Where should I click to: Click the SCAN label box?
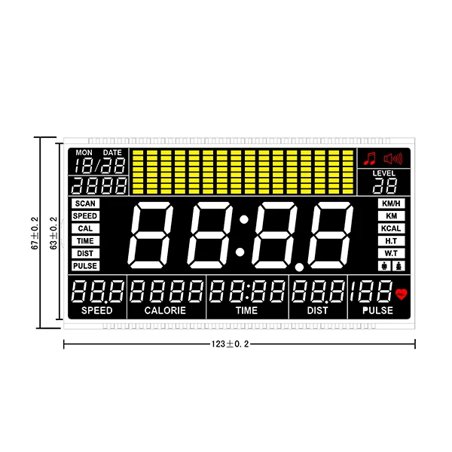pyautogui.click(x=85, y=203)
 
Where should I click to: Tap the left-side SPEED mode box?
pyautogui.click(x=85, y=216)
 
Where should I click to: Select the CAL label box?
pyautogui.click(x=85, y=228)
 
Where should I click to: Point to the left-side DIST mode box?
pyautogui.click(x=85, y=253)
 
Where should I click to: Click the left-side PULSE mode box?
pyautogui.click(x=85, y=266)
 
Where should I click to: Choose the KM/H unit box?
pyautogui.click(x=391, y=203)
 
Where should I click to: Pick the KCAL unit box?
pyautogui.click(x=391, y=228)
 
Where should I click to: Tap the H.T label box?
pyautogui.click(x=391, y=241)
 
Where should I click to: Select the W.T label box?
pyautogui.click(x=391, y=253)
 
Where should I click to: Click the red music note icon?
pyautogui.click(x=369, y=158)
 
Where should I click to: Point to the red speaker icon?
pyautogui.click(x=393, y=158)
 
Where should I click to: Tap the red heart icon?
pyautogui.click(x=400, y=294)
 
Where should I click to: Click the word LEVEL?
pyautogui.click(x=383, y=173)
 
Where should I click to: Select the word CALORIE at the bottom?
pyautogui.click(x=165, y=310)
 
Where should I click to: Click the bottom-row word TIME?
pyautogui.click(x=246, y=310)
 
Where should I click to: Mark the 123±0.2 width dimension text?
pyautogui.click(x=230, y=344)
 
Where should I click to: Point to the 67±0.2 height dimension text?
pyautogui.click(x=34, y=234)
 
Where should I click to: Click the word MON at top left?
pyautogui.click(x=84, y=152)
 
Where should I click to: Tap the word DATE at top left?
pyautogui.click(x=111, y=152)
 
